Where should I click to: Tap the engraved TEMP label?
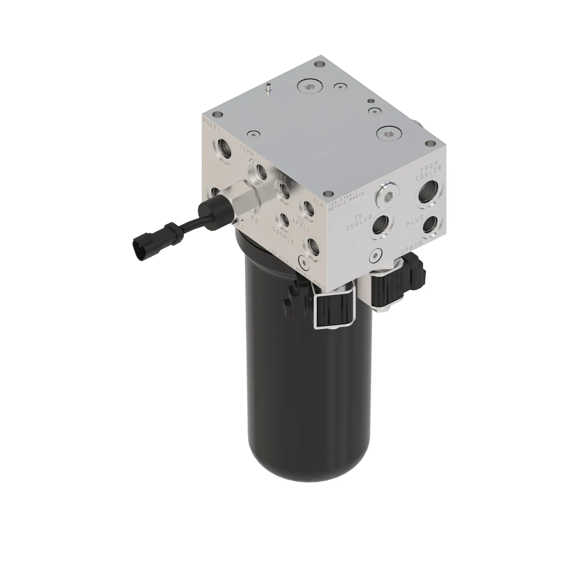tap(247, 149)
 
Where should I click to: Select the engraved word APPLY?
tap(300, 226)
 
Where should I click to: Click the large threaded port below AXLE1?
tap(223, 148)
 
